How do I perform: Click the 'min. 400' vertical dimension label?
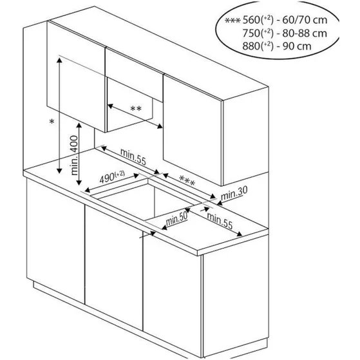[x=75, y=155]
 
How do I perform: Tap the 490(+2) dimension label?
[x=112, y=177]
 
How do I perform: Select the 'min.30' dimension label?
[x=234, y=193]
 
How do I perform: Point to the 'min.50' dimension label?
[x=176, y=218]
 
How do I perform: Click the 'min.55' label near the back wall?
[x=133, y=156]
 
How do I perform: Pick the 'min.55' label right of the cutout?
[x=220, y=220]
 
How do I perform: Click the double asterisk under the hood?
[x=136, y=109]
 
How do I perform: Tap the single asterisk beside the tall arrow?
[x=52, y=122]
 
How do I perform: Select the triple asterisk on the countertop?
[x=187, y=180]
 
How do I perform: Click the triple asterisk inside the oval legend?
[x=232, y=21]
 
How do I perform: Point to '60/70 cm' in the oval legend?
[x=305, y=20]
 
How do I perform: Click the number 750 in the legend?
[x=251, y=33]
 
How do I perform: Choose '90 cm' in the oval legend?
[x=297, y=46]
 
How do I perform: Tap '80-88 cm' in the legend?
[x=305, y=33]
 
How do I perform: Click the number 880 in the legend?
[x=251, y=46]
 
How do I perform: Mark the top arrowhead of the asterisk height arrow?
[x=59, y=60]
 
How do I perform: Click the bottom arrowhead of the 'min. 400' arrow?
[x=79, y=182]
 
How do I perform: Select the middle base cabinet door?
[x=114, y=268]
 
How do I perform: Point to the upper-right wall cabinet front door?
[x=193, y=130]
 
